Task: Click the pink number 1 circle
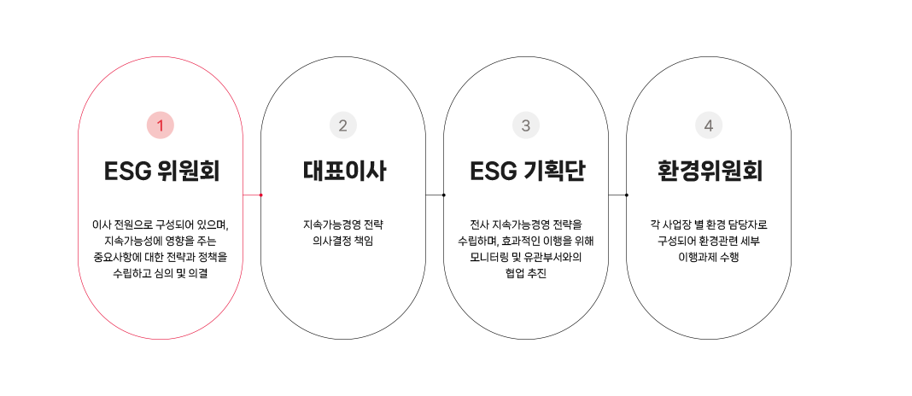[160, 125]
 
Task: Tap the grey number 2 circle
[343, 125]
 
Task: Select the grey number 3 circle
[526, 125]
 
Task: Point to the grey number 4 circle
[709, 125]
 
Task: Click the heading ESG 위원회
[161, 172]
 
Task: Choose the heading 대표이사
[343, 172]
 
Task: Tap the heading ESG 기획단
[526, 172]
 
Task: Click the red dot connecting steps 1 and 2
[260, 195]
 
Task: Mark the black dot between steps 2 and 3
[444, 195]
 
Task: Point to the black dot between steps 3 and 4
[627, 195]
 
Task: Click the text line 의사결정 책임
[343, 241]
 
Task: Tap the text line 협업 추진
[526, 273]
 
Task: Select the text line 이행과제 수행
[709, 257]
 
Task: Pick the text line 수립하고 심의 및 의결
[161, 273]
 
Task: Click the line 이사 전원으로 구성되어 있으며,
[161, 224]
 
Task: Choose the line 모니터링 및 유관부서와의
[526, 257]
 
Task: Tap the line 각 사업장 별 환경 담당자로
[709, 224]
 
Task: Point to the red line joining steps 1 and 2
[251, 195]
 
